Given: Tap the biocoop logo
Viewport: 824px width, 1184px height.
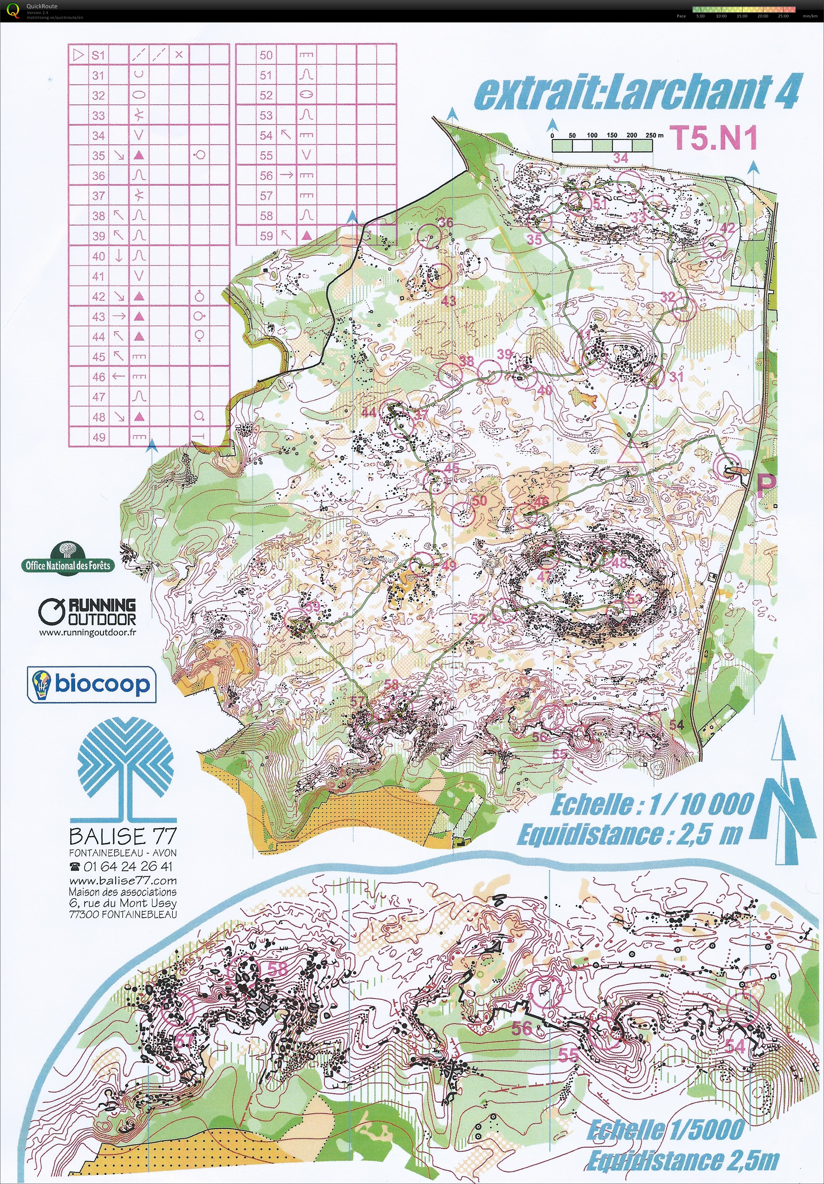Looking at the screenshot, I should tap(91, 684).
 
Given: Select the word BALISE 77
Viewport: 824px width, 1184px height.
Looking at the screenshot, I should tap(123, 836).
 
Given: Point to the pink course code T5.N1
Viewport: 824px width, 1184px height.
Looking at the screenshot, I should tap(714, 138).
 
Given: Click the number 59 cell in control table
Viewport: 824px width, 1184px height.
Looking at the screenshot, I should tap(266, 236).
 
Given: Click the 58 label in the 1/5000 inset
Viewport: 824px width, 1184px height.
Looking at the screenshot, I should tap(277, 968).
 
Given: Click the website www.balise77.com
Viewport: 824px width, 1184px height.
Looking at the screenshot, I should tap(123, 880).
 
